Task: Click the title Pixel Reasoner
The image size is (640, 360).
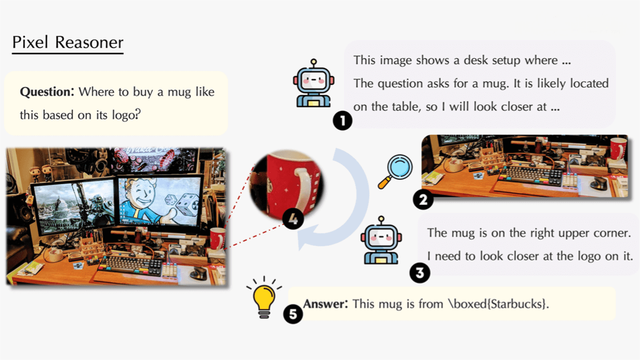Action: (68, 42)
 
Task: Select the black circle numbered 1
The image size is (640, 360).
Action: (342, 121)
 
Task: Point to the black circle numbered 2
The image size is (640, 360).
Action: (423, 199)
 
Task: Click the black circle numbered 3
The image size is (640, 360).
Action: (420, 273)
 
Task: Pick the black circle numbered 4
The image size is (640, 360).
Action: (293, 219)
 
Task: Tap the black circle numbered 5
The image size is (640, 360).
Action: (293, 314)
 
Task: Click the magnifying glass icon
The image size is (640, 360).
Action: (395, 172)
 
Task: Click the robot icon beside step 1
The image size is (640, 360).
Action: (314, 83)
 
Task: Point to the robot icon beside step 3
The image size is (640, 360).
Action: (381, 240)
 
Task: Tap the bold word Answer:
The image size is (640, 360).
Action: (325, 303)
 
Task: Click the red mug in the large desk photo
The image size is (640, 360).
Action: (218, 238)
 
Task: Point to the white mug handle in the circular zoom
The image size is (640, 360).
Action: (303, 189)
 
